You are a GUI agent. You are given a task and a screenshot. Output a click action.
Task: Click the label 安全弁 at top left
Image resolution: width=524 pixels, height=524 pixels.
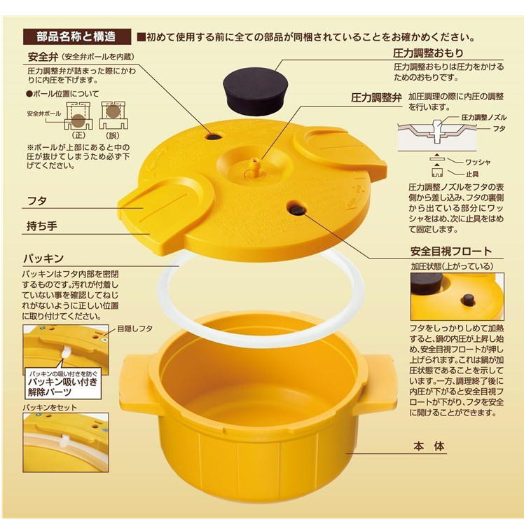[43, 56]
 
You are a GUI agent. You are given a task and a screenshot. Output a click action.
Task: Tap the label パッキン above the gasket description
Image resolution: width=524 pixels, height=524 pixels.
[46, 258]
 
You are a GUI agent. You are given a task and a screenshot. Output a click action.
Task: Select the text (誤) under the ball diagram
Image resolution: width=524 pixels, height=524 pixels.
[109, 134]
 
